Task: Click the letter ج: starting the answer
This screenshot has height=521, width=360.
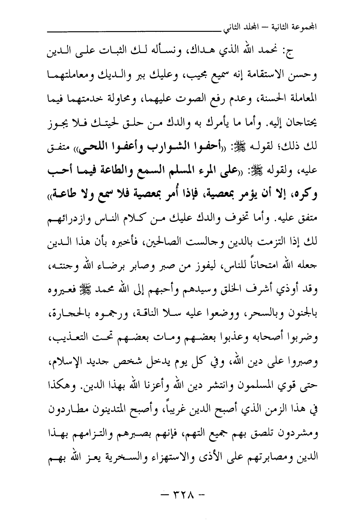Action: pos(292,53)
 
